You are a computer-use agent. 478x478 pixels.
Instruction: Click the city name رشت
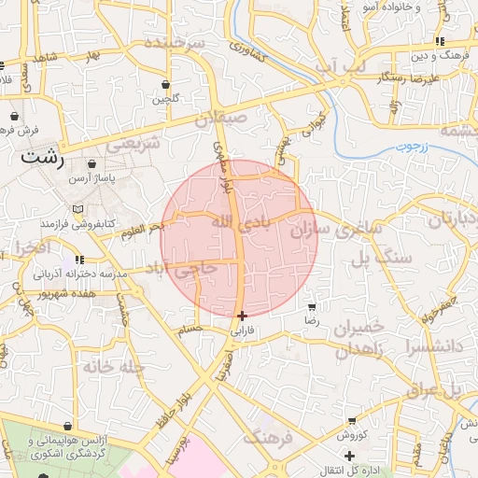tap(44, 157)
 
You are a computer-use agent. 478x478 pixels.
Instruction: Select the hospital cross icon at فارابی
tap(243, 316)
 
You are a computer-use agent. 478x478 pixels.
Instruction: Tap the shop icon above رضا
tap(312, 306)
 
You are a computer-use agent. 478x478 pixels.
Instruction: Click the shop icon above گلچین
tap(166, 84)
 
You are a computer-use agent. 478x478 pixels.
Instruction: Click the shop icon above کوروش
tap(351, 422)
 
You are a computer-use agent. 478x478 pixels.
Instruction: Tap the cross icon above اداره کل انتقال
tap(349, 456)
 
